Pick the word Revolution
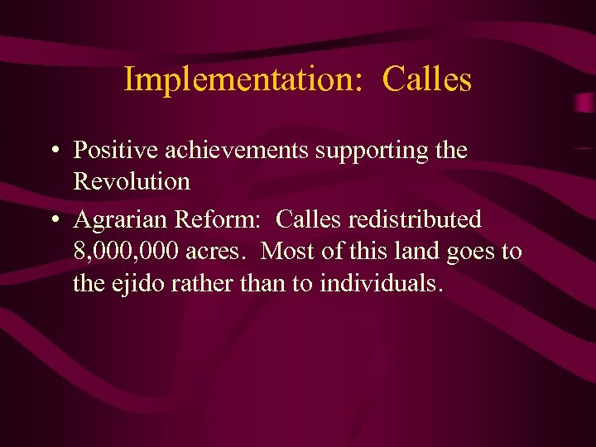132,181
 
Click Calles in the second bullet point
310,220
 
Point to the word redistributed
416,220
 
